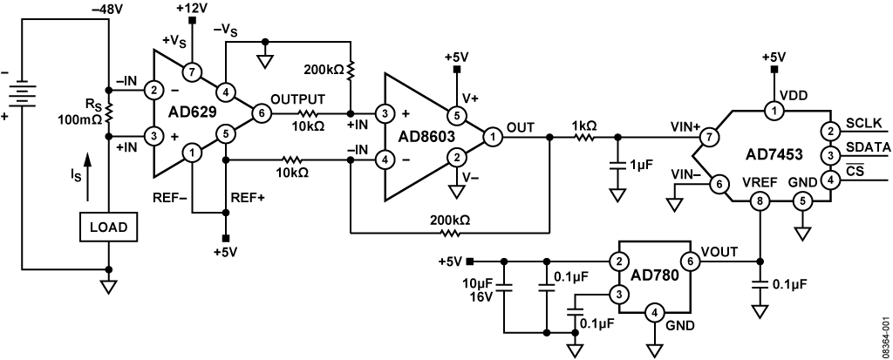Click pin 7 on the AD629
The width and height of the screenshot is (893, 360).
(x=192, y=71)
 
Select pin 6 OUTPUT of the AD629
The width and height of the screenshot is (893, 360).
(x=262, y=112)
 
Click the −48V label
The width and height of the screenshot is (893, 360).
(x=106, y=9)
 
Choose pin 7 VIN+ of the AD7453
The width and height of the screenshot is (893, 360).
(x=709, y=137)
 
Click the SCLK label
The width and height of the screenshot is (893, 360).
(x=865, y=123)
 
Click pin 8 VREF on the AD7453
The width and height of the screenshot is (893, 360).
(x=760, y=200)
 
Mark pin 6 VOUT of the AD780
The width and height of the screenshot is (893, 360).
(x=691, y=262)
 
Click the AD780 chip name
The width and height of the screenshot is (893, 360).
(x=654, y=277)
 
